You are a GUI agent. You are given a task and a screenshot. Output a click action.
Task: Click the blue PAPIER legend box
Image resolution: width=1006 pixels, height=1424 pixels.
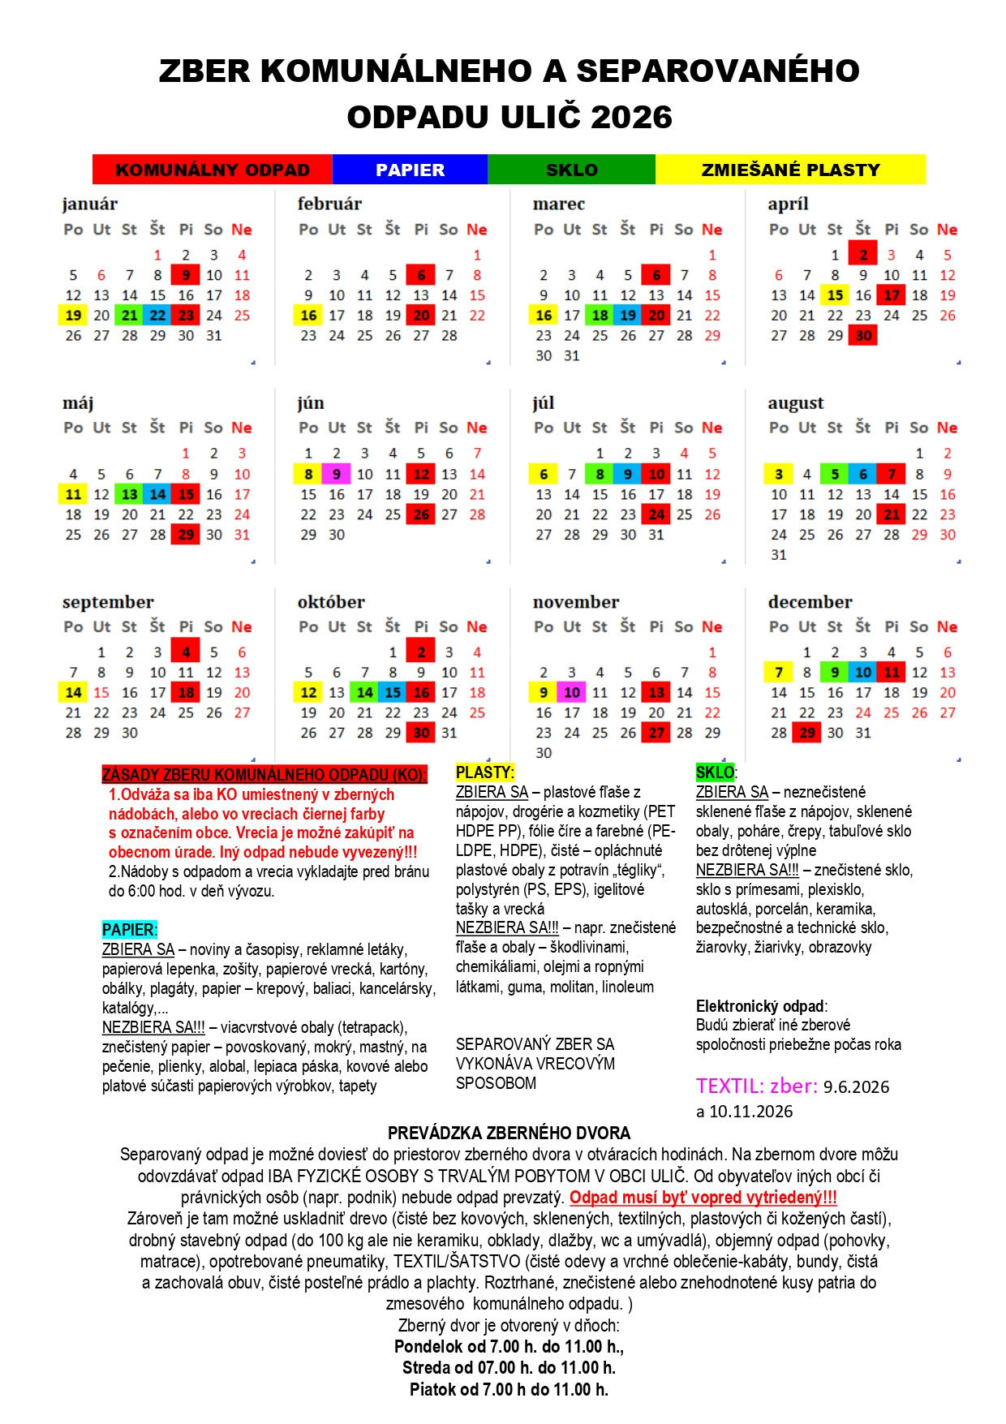pyautogui.click(x=410, y=170)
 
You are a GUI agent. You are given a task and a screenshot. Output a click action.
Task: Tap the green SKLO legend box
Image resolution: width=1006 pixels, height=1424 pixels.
pyautogui.click(x=571, y=170)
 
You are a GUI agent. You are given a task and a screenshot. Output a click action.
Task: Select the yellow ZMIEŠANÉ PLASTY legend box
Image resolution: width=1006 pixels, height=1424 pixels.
pyautogui.click(x=790, y=170)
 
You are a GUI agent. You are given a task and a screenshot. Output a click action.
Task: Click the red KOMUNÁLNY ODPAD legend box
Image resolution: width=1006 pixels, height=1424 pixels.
pyautogui.click(x=213, y=170)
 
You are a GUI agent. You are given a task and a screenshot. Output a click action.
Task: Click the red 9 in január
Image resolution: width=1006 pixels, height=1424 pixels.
pyautogui.click(x=186, y=275)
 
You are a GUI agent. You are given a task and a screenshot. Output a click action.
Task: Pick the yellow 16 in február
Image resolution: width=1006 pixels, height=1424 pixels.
pyautogui.click(x=308, y=316)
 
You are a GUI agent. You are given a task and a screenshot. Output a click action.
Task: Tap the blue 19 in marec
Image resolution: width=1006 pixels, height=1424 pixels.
pyautogui.click(x=628, y=316)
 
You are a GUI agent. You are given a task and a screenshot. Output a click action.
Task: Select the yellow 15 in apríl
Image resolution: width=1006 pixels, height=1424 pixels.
pyautogui.click(x=835, y=295)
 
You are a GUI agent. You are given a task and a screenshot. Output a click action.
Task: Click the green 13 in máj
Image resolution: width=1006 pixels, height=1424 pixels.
pyautogui.click(x=130, y=494)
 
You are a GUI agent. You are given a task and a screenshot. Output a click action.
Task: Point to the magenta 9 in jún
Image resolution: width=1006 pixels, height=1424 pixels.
pyautogui.click(x=336, y=474)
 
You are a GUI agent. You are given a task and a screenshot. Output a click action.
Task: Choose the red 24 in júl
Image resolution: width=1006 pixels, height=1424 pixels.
pyautogui.click(x=656, y=514)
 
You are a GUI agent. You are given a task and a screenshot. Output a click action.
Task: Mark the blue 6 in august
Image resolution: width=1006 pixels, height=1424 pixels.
pyautogui.click(x=863, y=474)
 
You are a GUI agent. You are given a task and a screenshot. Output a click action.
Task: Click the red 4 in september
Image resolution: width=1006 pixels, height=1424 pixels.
pyautogui.click(x=186, y=652)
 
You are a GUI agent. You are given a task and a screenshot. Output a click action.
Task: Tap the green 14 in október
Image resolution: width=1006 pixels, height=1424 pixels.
pyautogui.click(x=365, y=693)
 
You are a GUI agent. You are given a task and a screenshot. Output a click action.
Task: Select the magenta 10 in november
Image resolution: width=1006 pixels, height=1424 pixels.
pyautogui.click(x=571, y=693)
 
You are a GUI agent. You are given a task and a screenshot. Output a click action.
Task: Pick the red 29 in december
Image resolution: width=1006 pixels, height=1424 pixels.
pyautogui.click(x=806, y=733)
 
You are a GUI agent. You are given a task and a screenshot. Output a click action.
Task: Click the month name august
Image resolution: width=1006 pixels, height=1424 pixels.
pyautogui.click(x=795, y=403)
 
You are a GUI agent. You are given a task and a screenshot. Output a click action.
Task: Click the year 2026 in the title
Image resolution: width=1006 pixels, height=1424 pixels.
pyautogui.click(x=632, y=117)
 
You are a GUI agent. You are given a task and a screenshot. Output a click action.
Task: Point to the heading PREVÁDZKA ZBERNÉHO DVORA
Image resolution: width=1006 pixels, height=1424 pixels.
pyautogui.click(x=509, y=1133)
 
